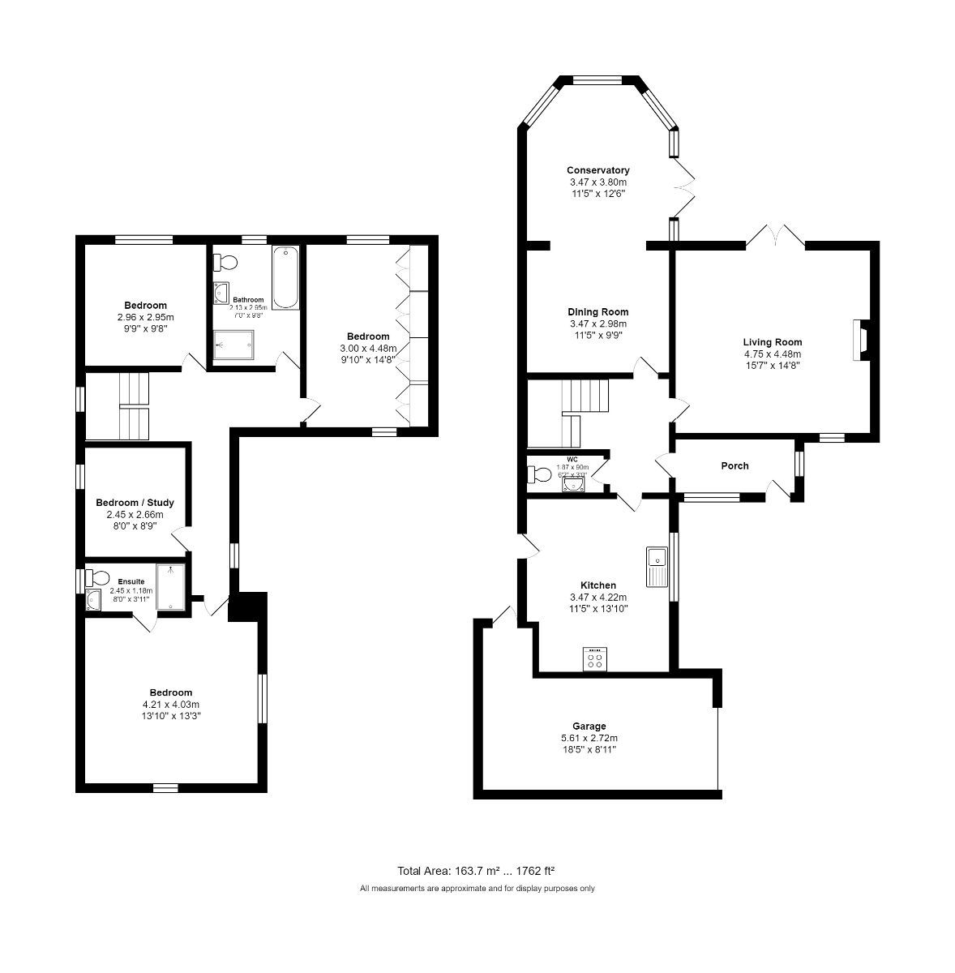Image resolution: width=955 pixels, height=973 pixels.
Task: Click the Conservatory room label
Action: coord(597,170)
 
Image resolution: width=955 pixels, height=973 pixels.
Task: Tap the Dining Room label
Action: coord(597,312)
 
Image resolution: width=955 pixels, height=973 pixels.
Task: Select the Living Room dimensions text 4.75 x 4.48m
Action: coord(772,354)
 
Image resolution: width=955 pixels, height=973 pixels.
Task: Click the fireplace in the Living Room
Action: coord(861,340)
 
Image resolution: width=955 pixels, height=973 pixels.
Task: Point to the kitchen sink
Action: coord(656,566)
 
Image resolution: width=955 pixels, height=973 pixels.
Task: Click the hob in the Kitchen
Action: coord(595,659)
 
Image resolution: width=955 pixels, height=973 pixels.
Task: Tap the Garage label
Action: coord(589,727)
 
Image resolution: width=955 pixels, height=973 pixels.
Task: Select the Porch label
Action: coord(734,466)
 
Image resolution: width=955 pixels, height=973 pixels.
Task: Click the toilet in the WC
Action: coord(538,475)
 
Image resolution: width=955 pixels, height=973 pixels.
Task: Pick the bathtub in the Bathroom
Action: coord(285,278)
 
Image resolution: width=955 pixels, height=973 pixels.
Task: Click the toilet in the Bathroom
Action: coord(225,263)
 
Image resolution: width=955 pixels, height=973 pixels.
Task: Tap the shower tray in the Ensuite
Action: coord(171,586)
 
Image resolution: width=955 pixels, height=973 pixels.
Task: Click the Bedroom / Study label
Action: coord(135,503)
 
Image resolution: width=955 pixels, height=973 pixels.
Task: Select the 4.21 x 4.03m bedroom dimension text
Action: coord(170,705)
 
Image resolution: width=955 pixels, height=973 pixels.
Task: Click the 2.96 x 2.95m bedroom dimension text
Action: coord(145,317)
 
